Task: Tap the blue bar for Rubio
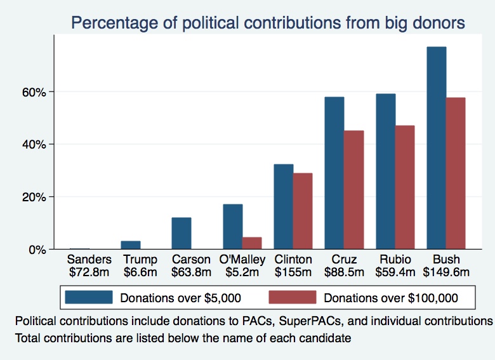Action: tap(386, 171)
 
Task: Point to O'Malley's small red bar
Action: tap(252, 243)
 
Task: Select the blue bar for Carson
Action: tap(181, 233)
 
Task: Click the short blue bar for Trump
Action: tap(131, 245)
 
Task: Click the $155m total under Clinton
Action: tap(293, 272)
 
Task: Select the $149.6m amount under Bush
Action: tap(446, 272)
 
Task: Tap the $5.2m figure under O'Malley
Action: tap(242, 272)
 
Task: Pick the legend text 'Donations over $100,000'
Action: tap(390, 297)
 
